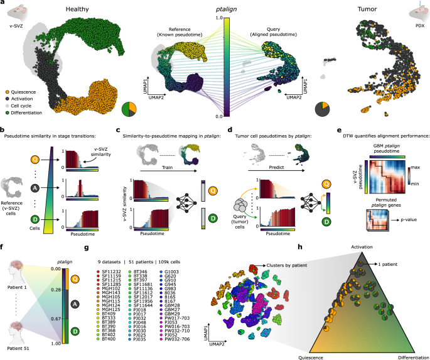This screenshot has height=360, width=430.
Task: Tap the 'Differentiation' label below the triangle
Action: pyautogui.click(x=404, y=355)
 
